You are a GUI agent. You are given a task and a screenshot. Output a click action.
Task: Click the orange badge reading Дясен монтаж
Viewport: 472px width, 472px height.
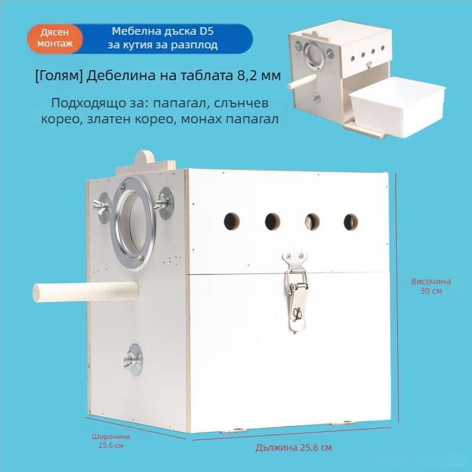tap(55, 39)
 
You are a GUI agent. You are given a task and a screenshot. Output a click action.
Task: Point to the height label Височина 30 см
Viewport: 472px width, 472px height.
tap(431, 286)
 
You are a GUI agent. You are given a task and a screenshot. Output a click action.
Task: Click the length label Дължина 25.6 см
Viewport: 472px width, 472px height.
tap(294, 448)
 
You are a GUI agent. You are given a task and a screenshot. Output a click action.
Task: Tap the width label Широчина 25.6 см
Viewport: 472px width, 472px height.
tap(111, 441)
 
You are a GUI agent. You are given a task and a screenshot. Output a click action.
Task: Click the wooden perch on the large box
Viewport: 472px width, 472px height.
tap(86, 291)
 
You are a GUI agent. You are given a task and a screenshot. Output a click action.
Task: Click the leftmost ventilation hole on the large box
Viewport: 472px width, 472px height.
tap(231, 221)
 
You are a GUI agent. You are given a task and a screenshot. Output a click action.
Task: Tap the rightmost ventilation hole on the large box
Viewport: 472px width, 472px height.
tap(350, 222)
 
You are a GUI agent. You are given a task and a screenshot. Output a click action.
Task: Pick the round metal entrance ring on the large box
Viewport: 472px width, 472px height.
tap(133, 224)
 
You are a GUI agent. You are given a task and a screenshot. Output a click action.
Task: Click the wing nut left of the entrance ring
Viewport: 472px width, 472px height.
tap(102, 208)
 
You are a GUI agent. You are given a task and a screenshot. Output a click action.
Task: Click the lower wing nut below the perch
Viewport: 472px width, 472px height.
tap(133, 360)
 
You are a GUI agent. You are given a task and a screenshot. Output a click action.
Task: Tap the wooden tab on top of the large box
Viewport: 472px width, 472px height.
tap(145, 163)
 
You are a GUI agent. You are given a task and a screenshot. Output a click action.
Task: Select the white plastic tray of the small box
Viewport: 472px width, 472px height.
tap(398, 106)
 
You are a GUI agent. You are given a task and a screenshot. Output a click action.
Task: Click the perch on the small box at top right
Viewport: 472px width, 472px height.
tap(303, 81)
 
